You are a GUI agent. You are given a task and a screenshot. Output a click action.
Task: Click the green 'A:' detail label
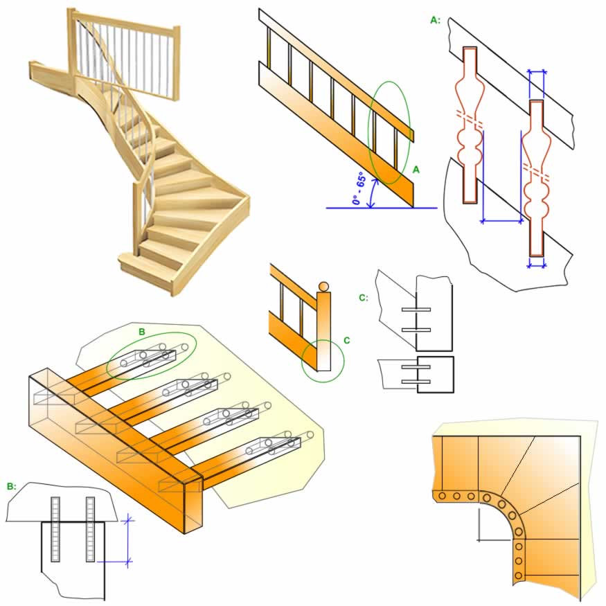[435, 20]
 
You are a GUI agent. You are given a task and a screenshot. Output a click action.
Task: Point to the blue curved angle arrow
[373, 194]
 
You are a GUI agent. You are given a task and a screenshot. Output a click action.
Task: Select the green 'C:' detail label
[363, 298]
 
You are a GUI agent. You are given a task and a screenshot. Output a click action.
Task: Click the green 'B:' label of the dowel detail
[11, 487]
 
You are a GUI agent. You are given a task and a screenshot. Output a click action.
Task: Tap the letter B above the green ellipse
[142, 332]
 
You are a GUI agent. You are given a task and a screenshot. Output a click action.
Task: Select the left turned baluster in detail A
[470, 125]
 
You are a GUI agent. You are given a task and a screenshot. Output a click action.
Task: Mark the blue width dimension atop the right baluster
[536, 71]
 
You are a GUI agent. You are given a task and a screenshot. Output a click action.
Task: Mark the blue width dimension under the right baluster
[536, 263]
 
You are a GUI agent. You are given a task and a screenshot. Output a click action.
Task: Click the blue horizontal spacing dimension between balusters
[501, 221]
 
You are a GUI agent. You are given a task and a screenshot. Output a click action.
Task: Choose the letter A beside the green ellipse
[416, 168]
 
